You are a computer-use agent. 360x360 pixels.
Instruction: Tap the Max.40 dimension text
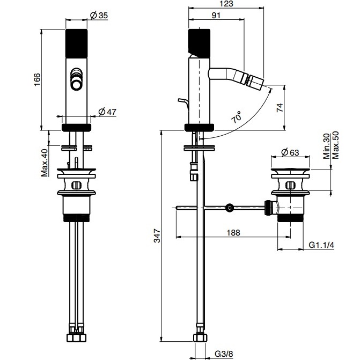coord(45,163)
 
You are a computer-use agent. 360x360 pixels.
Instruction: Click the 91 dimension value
coord(216,16)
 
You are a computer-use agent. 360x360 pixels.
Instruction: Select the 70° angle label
coord(236,117)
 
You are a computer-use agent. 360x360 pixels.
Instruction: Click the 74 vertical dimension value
coord(279,107)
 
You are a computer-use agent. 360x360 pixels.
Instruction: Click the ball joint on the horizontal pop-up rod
coord(229,207)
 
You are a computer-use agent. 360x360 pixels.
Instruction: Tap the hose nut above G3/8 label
coord(199,338)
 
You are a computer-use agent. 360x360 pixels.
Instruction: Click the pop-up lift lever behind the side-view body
coord(183,102)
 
